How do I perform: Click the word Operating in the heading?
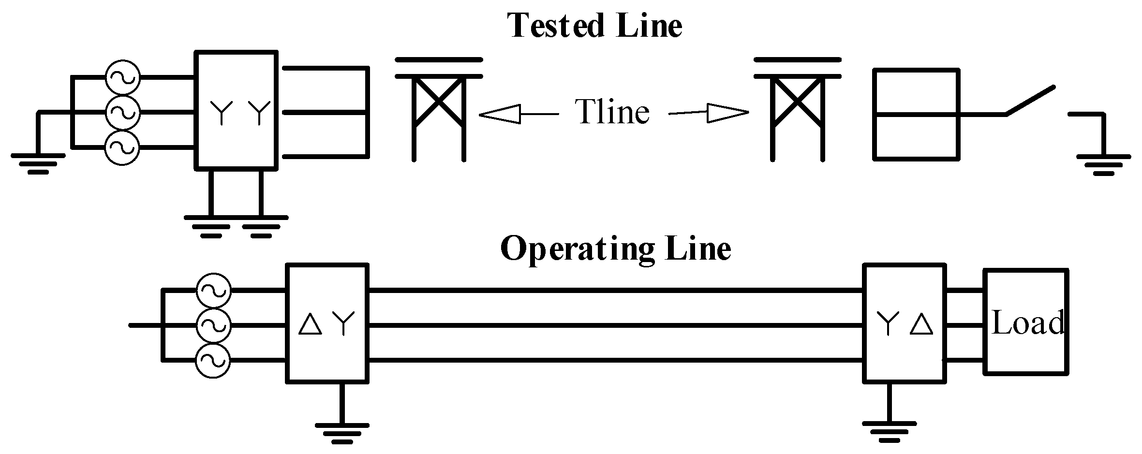(576, 250)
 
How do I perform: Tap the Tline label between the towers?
(613, 112)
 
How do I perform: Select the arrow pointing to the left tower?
(518, 114)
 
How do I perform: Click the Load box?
(1026, 322)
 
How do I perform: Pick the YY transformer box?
(237, 110)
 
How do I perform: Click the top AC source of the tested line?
(122, 77)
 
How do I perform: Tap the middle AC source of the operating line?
(213, 325)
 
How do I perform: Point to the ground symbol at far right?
(1103, 164)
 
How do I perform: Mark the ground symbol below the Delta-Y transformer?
(342, 433)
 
